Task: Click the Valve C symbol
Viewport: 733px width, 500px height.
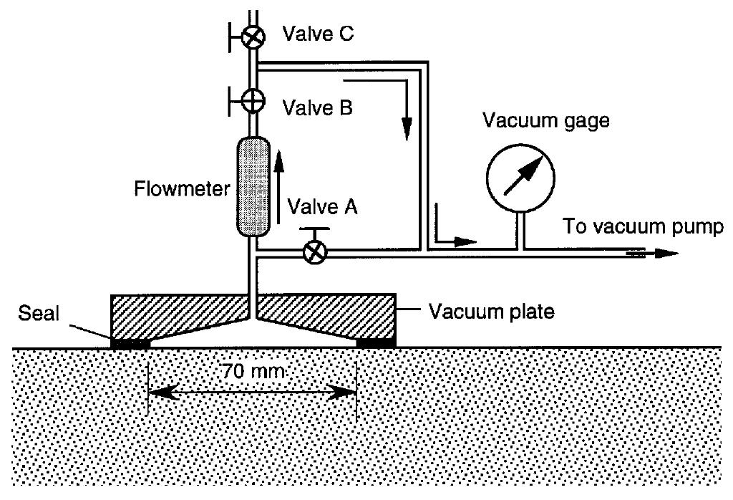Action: (251, 37)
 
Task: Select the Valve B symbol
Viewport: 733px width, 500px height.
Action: (251, 101)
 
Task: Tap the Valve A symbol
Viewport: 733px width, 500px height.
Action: (313, 251)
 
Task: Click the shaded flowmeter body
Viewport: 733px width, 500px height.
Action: (252, 188)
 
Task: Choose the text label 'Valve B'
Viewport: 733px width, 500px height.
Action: (317, 109)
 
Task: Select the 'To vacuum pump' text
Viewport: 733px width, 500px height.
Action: (644, 227)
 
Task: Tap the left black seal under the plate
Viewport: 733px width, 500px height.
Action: (130, 343)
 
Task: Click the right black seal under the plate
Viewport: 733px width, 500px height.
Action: (375, 343)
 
